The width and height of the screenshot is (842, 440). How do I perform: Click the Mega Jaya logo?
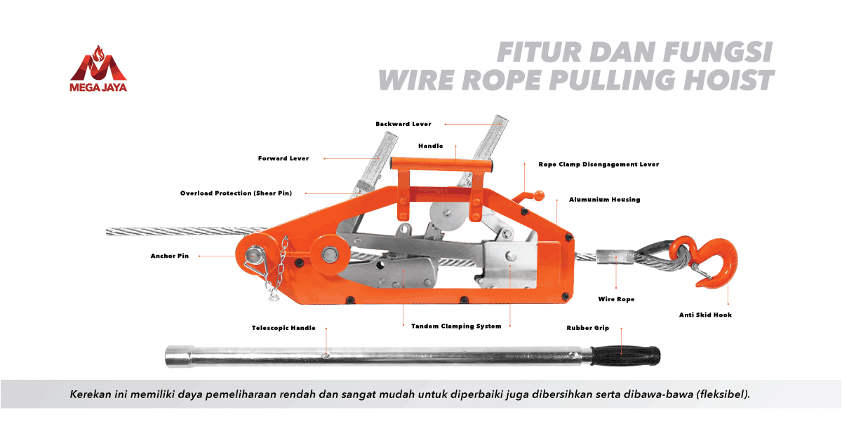click(98, 69)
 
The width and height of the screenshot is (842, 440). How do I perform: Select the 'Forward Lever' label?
click(283, 158)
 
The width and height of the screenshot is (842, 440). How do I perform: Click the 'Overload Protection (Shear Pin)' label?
click(236, 193)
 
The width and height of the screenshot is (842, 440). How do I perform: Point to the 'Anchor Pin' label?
click(170, 256)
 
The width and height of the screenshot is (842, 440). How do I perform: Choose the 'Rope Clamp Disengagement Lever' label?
click(599, 165)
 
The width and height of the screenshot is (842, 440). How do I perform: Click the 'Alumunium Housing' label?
click(604, 200)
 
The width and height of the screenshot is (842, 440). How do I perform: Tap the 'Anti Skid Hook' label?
click(705, 315)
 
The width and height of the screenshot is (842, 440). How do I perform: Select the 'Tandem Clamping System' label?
click(456, 326)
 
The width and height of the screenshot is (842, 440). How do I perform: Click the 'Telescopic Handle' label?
click(283, 328)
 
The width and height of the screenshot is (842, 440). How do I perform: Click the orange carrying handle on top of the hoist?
click(442, 165)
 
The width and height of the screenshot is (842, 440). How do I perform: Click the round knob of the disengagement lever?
click(540, 195)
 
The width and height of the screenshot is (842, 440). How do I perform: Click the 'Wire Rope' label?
click(616, 299)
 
